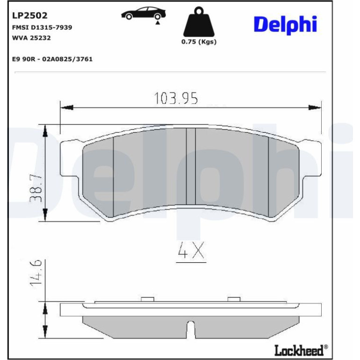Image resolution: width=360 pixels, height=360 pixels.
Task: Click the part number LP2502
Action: click(x=29, y=15)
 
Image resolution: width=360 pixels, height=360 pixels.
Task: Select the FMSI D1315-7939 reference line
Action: click(x=42, y=27)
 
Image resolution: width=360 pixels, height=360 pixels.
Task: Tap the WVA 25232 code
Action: click(x=31, y=38)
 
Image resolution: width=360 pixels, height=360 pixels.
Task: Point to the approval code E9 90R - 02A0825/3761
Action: click(x=52, y=59)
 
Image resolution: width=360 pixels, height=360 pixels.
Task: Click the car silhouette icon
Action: click(x=144, y=14)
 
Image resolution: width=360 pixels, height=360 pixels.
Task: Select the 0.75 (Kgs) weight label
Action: click(x=199, y=42)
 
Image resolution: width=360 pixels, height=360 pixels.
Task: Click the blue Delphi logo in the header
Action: click(x=285, y=25)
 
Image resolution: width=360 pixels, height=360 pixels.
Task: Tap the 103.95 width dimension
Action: click(x=176, y=98)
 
